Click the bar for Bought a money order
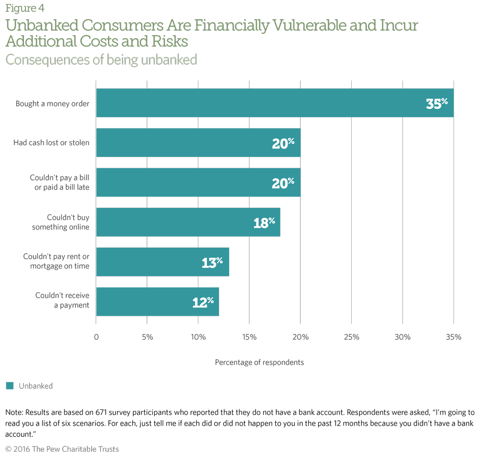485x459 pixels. pos(274,103)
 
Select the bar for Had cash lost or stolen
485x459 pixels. pos(198,143)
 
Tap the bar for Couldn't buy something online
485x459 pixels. pos(188,222)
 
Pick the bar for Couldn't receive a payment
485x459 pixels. pos(157,302)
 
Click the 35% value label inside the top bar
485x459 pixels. pos(437,103)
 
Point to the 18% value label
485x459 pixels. pos(264,223)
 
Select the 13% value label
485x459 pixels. pos(212,262)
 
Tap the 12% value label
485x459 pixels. pos(203,302)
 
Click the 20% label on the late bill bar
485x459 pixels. pos(283,182)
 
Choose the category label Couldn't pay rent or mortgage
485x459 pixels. pos(56,262)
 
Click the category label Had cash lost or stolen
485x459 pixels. pos(51,143)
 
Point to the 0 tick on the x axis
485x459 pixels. pos(96,337)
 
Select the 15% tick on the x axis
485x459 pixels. pos(249,337)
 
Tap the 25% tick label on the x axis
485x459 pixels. pos(351,337)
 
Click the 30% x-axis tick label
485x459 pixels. pos(402,337)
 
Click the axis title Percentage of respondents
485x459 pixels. pos(259,362)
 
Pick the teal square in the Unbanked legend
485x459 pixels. pos(10,386)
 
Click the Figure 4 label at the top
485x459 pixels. pos(22,8)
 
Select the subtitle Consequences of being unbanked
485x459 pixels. pos(101,60)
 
